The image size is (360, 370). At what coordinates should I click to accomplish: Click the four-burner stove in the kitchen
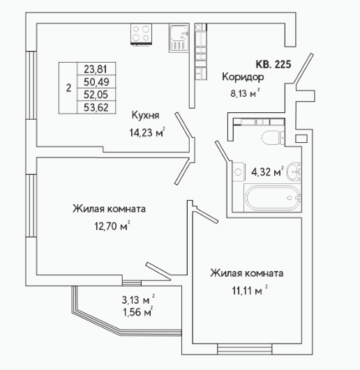[x=141, y=33]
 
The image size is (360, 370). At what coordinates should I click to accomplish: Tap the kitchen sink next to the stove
[x=179, y=38]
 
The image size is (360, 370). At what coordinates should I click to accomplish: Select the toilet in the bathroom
[x=273, y=137]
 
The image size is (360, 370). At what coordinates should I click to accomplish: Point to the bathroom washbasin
[x=294, y=171]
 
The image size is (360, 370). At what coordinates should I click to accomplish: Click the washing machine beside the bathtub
[x=238, y=171]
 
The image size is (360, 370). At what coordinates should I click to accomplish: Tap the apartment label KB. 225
[x=273, y=64]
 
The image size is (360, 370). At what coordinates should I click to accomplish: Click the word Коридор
[x=243, y=77]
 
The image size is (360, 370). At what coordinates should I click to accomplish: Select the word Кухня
[x=145, y=115]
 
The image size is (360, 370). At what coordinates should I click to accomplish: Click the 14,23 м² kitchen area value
[x=147, y=132]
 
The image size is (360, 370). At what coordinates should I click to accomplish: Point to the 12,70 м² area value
[x=112, y=226]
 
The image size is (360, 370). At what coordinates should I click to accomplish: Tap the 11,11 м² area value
[x=250, y=291]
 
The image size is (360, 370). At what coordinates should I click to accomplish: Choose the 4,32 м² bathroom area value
[x=267, y=171]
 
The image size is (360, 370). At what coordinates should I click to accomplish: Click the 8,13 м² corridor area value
[x=245, y=93]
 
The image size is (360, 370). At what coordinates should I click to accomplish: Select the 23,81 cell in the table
[x=96, y=69]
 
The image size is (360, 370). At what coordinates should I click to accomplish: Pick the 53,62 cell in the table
[x=96, y=107]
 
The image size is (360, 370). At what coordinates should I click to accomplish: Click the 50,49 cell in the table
[x=96, y=82]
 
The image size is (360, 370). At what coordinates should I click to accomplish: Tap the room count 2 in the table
[x=68, y=88]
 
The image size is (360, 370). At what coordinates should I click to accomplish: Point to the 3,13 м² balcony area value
[x=138, y=300]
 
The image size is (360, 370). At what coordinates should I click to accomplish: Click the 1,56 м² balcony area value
[x=137, y=312]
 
